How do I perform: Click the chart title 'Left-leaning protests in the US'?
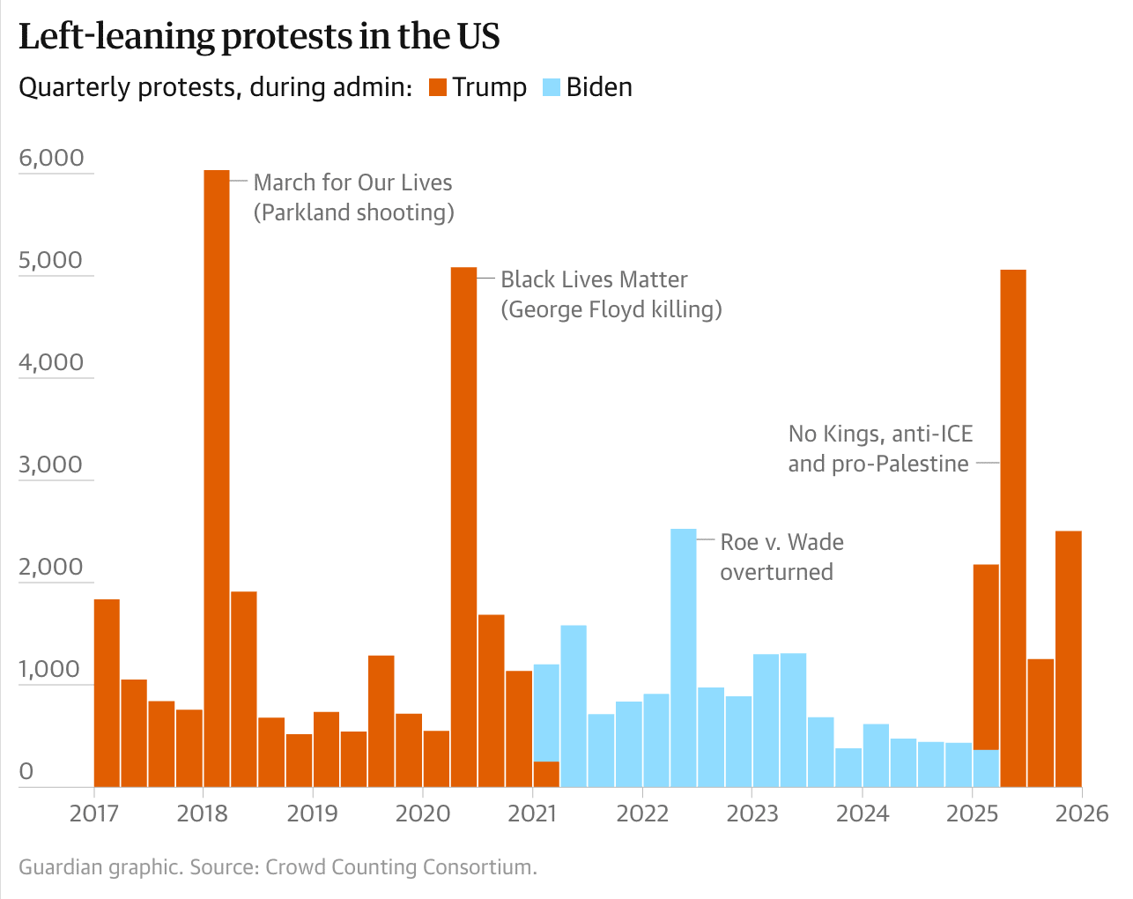259,36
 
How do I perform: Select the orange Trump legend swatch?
438,87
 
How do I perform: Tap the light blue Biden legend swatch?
552,87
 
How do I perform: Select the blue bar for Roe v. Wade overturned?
684,657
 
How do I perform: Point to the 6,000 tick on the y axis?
51,158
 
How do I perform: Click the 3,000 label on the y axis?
51,464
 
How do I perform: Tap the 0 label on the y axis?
26,771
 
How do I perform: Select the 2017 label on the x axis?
93,813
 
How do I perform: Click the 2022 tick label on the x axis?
642,813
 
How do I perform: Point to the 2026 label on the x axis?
1082,813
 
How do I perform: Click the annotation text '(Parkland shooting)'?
354,212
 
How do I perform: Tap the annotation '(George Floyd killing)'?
611,309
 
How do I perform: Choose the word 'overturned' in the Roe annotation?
776,572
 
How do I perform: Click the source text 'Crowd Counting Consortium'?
399,867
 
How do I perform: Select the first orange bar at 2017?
107,693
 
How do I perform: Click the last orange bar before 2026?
1069,658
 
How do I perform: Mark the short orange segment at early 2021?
546,774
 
